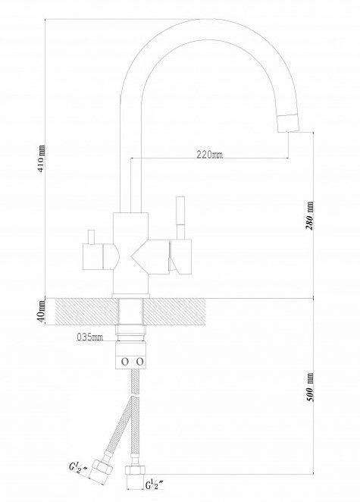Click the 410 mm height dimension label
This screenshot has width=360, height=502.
coord(42,158)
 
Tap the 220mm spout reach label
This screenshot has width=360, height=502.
coord(210,154)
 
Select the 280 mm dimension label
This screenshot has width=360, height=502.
coord(309,216)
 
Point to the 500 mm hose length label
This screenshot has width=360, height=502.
coord(309,387)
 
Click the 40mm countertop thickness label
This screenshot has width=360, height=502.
coord(41,312)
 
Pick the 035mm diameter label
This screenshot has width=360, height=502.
coord(90,337)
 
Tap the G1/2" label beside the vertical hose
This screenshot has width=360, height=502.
coord(155,485)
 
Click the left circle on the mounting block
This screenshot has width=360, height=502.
coord(124,362)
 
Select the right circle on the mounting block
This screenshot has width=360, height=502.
coord(140,362)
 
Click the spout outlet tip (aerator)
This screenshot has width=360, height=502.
coord(288,123)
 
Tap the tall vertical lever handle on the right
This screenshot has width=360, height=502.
coord(181,218)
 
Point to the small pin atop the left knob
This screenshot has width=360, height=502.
coord(91,237)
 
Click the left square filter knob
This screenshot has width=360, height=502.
coord(92,256)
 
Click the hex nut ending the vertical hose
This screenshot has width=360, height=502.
coord(135,470)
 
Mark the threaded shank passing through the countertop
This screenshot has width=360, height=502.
coord(130,312)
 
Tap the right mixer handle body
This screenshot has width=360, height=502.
coord(181,256)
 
